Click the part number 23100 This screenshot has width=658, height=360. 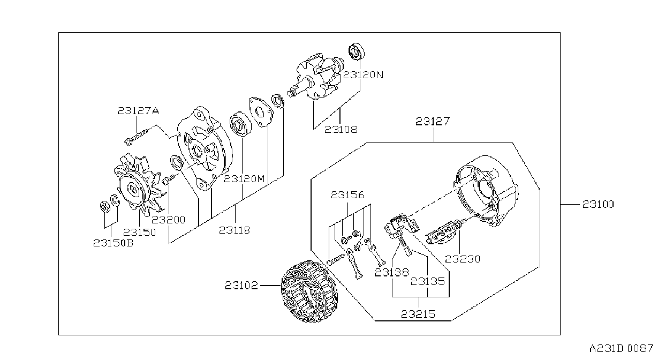tap(598, 204)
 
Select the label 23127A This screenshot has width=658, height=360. tap(138, 111)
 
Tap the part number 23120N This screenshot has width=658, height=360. tap(364, 75)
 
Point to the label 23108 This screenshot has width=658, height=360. tap(341, 129)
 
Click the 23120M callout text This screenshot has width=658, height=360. tap(244, 179)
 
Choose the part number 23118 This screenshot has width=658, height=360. tap(235, 230)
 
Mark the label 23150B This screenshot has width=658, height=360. tap(114, 243)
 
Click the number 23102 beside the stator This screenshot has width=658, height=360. tap(241, 286)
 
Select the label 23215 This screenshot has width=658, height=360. tap(418, 314)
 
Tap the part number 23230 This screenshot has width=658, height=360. tap(463, 259)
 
